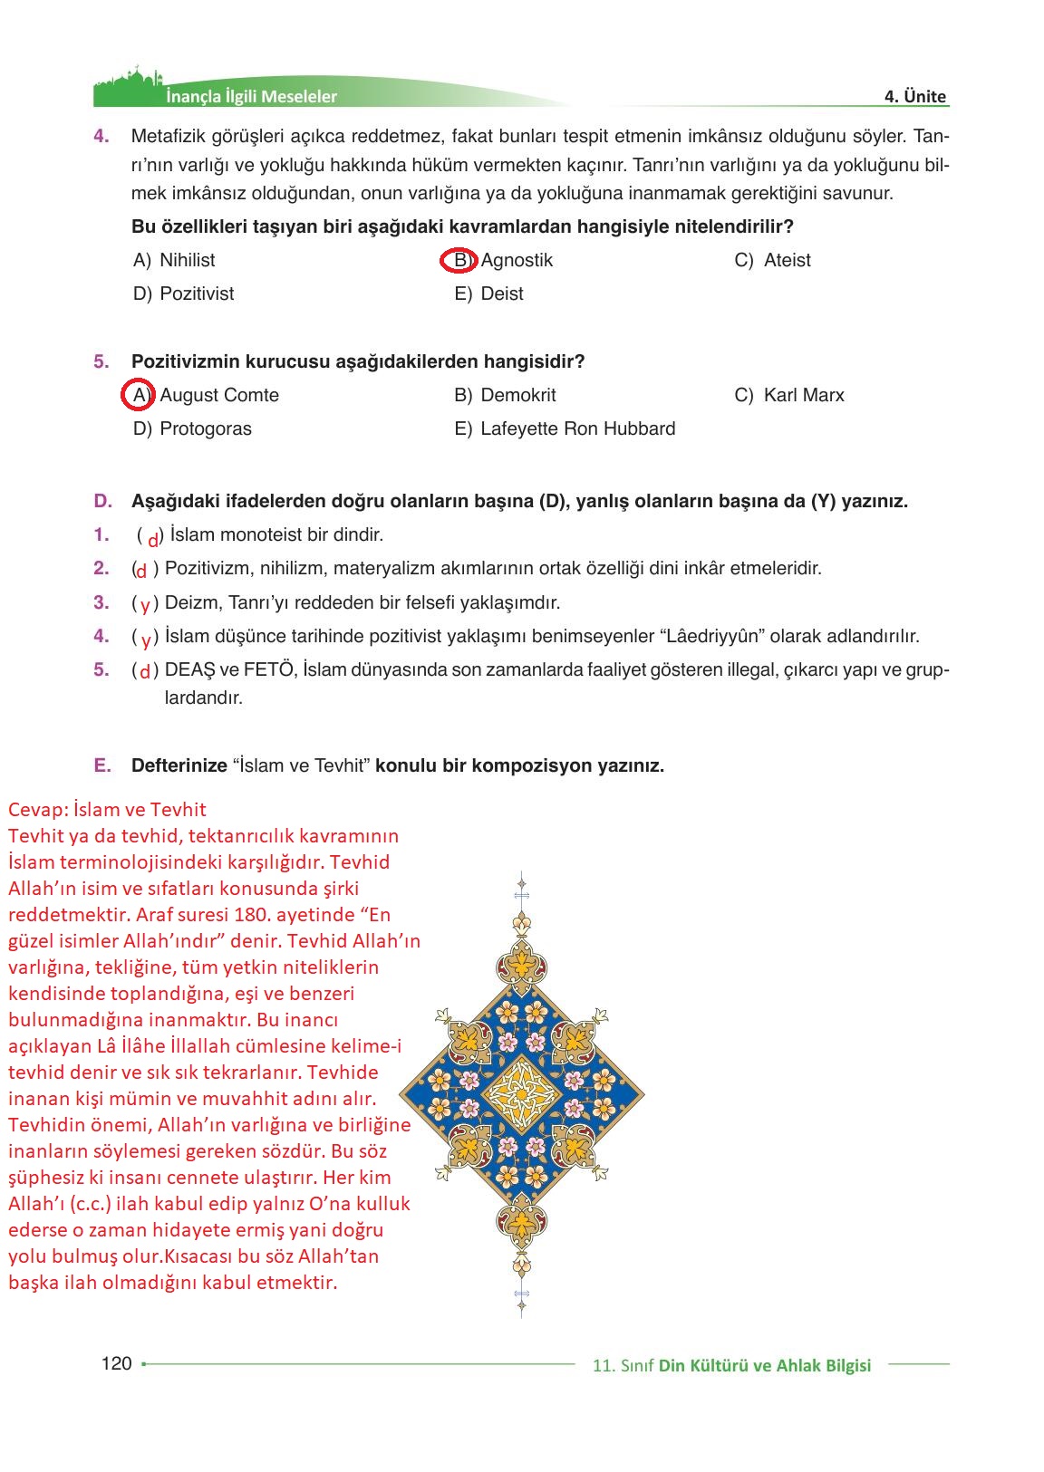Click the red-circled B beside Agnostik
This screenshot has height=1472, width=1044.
[x=459, y=261]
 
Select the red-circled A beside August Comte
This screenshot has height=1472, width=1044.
[x=138, y=395]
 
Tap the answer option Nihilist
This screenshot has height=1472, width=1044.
[x=187, y=261]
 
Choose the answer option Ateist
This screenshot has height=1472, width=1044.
[x=787, y=261]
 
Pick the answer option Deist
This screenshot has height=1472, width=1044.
[x=501, y=294]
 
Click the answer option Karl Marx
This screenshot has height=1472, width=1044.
[x=803, y=396]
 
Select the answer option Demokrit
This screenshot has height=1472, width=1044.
[x=517, y=396]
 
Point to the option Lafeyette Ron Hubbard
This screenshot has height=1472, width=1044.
[x=577, y=429]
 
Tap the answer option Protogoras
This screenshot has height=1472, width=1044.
[x=205, y=429]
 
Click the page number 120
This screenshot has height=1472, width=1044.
[x=117, y=1363]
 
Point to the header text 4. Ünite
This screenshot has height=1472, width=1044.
[x=915, y=97]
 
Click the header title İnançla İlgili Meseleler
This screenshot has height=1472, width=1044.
[x=251, y=97]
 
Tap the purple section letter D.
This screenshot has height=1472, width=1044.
[x=102, y=501]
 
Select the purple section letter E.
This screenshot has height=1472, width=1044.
[x=102, y=765]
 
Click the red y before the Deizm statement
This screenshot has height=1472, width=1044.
[x=145, y=604]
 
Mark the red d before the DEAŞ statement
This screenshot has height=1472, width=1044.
[x=145, y=672]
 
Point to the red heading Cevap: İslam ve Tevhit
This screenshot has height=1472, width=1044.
[x=107, y=810]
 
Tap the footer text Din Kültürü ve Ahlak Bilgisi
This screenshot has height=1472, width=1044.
[x=764, y=1365]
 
